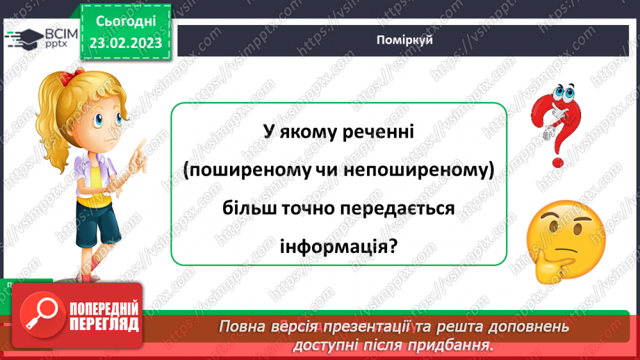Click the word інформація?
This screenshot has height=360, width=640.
[338, 247]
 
